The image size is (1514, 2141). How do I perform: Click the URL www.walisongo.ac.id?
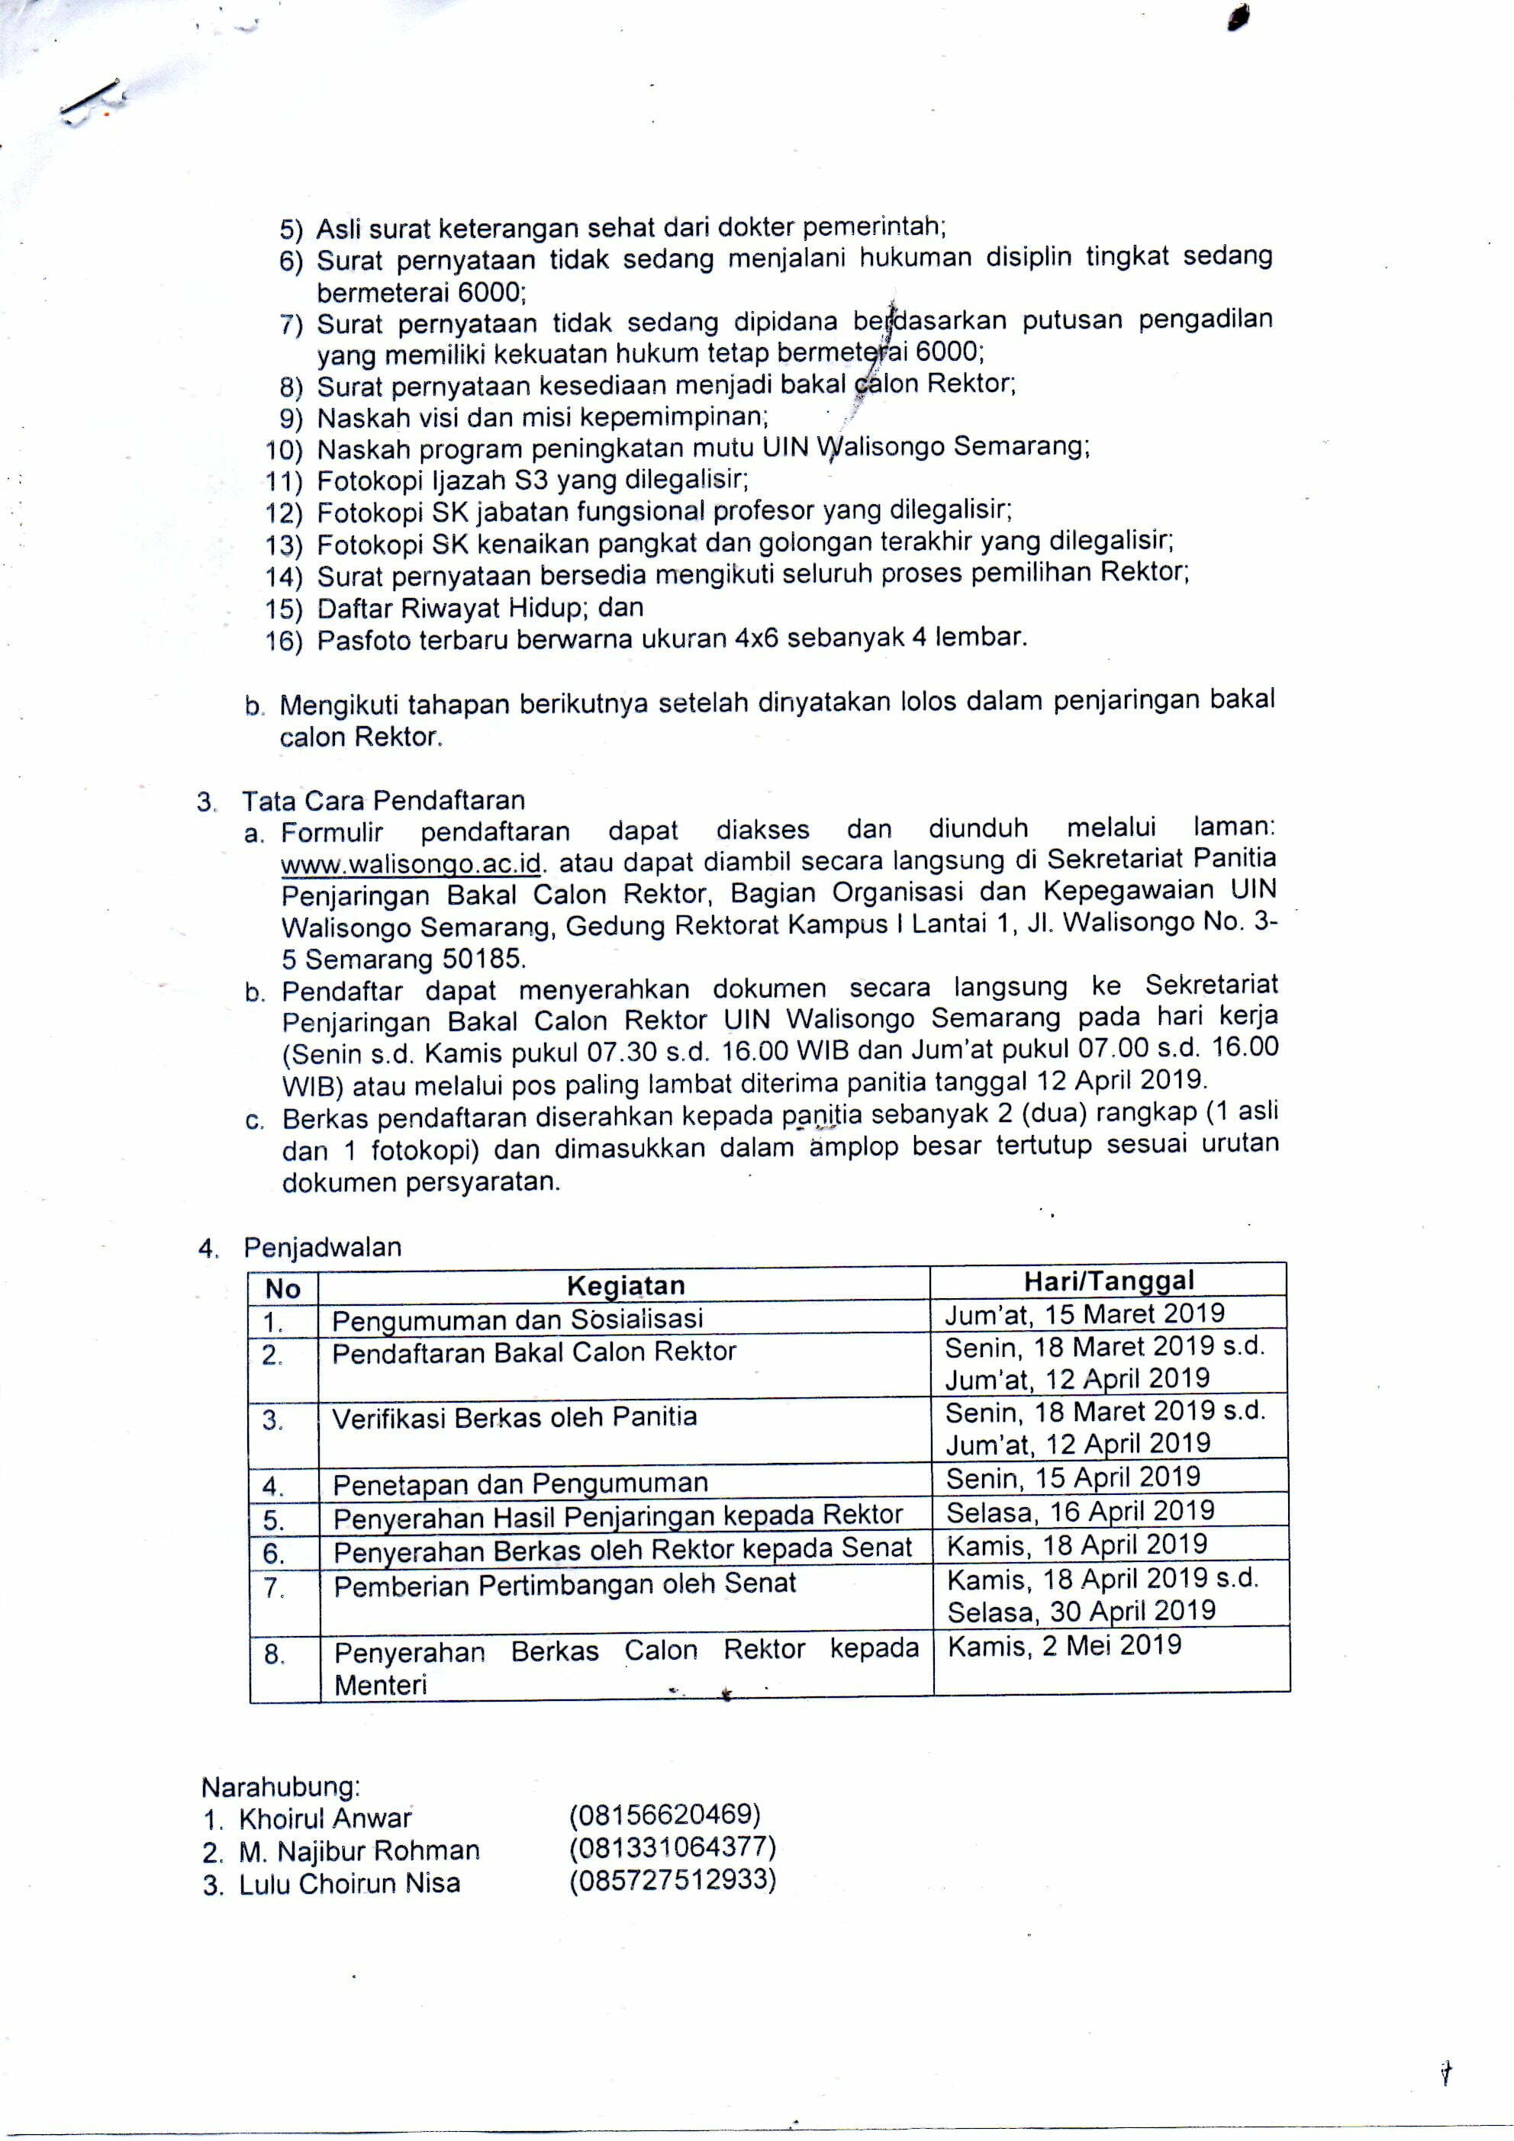pyautogui.click(x=411, y=863)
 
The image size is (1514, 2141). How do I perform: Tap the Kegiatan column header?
pyautogui.click(x=625, y=1286)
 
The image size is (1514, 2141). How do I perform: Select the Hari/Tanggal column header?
pyautogui.click(x=1108, y=1281)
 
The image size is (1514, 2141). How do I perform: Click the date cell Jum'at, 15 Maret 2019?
pyautogui.click(x=1084, y=1314)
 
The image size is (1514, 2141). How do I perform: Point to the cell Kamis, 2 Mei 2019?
pyautogui.click(x=1065, y=1646)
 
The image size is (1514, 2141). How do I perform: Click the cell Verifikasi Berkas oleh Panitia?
pyautogui.click(x=515, y=1417)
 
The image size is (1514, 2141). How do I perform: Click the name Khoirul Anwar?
pyautogui.click(x=324, y=1819)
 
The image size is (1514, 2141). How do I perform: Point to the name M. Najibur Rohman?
pyautogui.click(x=358, y=1851)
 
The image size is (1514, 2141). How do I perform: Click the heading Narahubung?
pyautogui.click(x=281, y=1786)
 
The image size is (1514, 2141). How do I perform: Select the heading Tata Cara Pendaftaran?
pyautogui.click(x=383, y=800)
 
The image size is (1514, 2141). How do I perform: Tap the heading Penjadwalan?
pyautogui.click(x=322, y=1247)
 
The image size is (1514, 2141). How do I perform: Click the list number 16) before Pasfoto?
pyautogui.click(x=285, y=641)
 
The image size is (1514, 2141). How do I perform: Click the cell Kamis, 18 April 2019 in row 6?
pyautogui.click(x=1077, y=1545)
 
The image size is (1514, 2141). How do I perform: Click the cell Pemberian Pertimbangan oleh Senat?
pyautogui.click(x=565, y=1584)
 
